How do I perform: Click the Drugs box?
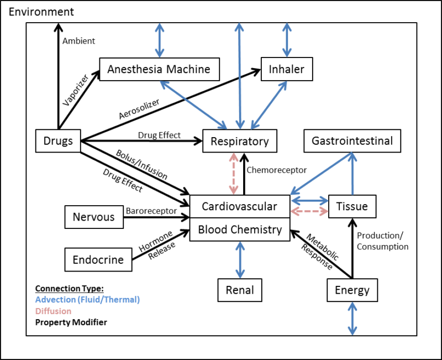[x=58, y=141]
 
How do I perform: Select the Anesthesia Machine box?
[x=159, y=70]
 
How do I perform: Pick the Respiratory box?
[x=240, y=141]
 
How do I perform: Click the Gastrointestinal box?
[x=352, y=141]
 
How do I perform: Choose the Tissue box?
[x=352, y=207]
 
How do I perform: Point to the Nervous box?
[x=94, y=217]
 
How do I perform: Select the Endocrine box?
[x=98, y=260]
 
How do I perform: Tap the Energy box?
[x=352, y=290]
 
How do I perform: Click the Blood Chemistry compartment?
[x=240, y=229]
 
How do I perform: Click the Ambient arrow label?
[x=78, y=41]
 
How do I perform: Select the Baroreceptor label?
[x=151, y=211]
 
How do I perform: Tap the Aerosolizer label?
[x=139, y=109]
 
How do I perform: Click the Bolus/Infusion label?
[x=141, y=164]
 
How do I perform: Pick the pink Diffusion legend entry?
[x=53, y=311]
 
